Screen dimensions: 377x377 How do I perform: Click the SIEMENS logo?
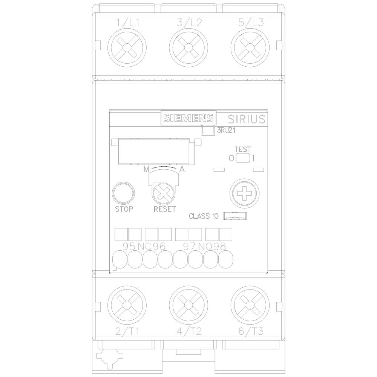tap(188, 118)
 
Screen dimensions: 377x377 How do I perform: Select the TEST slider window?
tap(243, 158)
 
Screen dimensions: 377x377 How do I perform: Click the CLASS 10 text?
tap(203, 216)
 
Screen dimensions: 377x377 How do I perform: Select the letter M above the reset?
tap(146, 170)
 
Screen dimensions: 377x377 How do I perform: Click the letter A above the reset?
tap(182, 170)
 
